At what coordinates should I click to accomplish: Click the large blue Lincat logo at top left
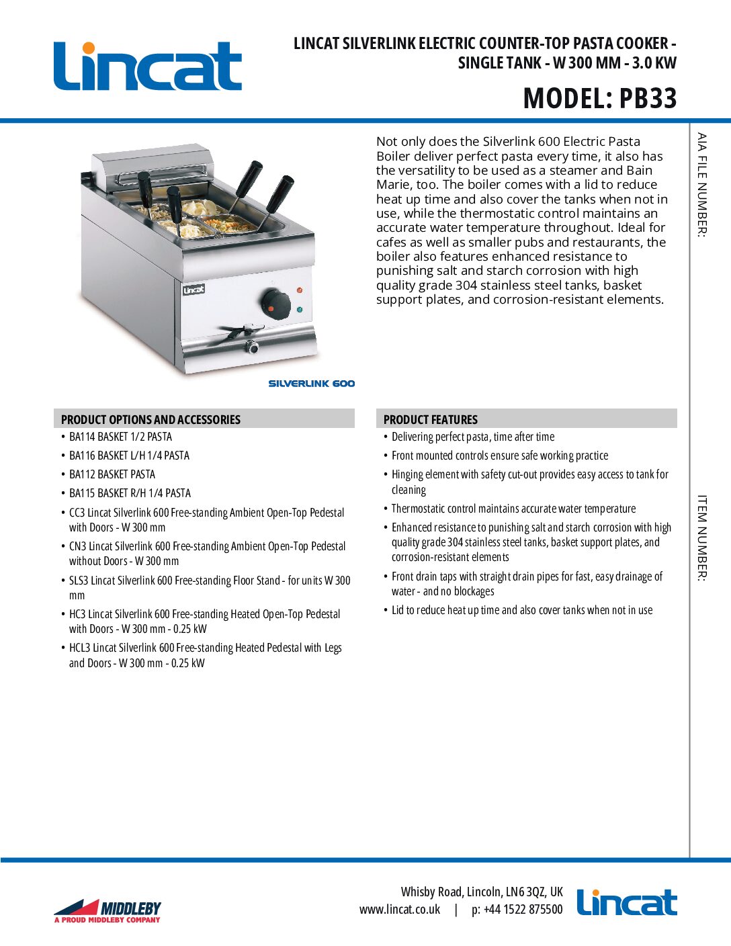click(148, 66)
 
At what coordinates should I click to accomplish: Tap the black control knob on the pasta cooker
click(275, 303)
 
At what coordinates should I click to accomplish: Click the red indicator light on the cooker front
click(300, 290)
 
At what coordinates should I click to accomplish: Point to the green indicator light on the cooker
click(300, 310)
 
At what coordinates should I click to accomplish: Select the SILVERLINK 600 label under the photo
click(312, 384)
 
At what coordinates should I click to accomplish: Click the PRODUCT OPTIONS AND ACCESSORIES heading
click(150, 419)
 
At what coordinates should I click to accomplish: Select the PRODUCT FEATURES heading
click(431, 419)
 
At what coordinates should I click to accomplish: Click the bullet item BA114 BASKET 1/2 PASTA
click(120, 437)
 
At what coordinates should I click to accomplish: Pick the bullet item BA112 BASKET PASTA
click(112, 474)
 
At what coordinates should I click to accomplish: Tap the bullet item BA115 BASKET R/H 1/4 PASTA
click(130, 493)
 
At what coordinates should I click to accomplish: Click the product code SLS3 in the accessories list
click(79, 580)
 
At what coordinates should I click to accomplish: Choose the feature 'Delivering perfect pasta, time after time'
click(473, 437)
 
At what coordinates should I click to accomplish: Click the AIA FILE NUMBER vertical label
click(702, 185)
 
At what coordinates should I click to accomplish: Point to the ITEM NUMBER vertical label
click(702, 537)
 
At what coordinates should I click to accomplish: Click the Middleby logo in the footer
click(107, 910)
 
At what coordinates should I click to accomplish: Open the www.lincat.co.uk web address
click(400, 910)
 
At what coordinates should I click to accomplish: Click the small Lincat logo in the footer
click(627, 902)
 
